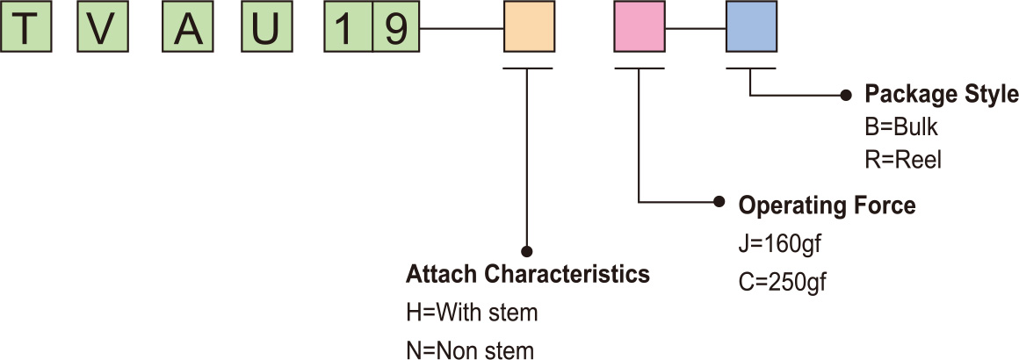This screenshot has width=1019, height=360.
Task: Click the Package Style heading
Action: pos(941,94)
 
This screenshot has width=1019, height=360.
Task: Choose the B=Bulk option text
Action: pos(902,127)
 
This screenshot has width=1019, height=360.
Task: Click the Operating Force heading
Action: pos(827,205)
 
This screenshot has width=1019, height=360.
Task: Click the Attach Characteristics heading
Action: pos(527,274)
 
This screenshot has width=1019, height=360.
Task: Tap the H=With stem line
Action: pos(471,313)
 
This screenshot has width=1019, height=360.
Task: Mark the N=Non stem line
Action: pos(469,351)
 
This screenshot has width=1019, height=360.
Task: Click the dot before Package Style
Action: pos(846,93)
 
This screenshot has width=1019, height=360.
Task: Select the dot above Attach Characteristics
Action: pos(528,249)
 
